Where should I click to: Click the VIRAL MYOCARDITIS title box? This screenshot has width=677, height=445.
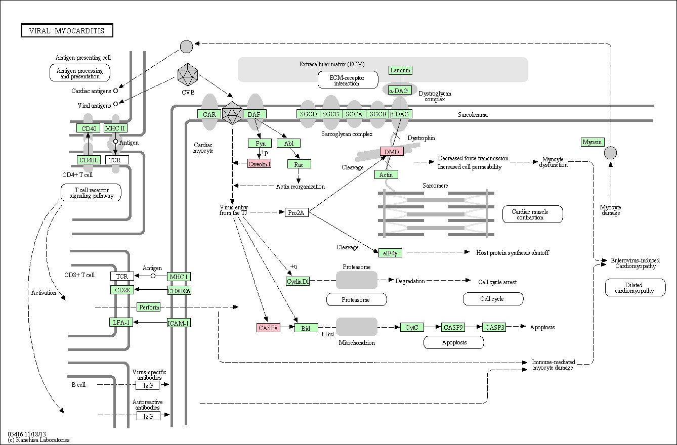67,30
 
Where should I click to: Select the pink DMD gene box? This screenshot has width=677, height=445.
392,151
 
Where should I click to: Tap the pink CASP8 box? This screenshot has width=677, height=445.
268,328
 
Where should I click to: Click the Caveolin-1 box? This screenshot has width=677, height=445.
260,164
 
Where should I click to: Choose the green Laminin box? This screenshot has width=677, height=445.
400,70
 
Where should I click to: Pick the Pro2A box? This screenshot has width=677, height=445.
297,212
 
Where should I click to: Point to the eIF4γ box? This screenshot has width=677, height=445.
390,253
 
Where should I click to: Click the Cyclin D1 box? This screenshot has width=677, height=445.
298,281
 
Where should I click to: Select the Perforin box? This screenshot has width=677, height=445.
149,307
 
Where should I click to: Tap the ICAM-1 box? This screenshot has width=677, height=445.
179,323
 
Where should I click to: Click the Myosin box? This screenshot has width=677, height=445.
593,142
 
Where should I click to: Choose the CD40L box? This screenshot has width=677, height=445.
89,160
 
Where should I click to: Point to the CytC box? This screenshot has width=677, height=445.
412,327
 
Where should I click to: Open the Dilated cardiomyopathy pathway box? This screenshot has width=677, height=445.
635,288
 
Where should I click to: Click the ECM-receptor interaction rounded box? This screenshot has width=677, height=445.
348,80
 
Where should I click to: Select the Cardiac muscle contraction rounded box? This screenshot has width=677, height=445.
532,214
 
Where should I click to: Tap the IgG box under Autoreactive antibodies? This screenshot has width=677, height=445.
148,416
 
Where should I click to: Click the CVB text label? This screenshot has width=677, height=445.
188,92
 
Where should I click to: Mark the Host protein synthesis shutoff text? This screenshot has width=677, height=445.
513,252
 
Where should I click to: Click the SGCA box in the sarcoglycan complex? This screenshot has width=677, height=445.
354,114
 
